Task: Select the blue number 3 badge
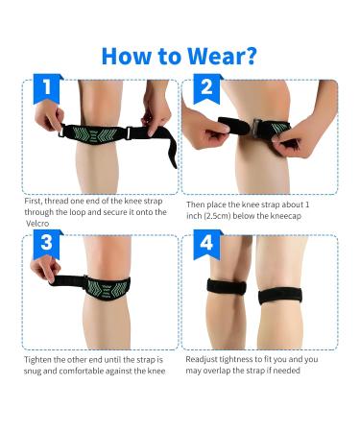45,245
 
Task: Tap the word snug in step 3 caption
34,371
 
